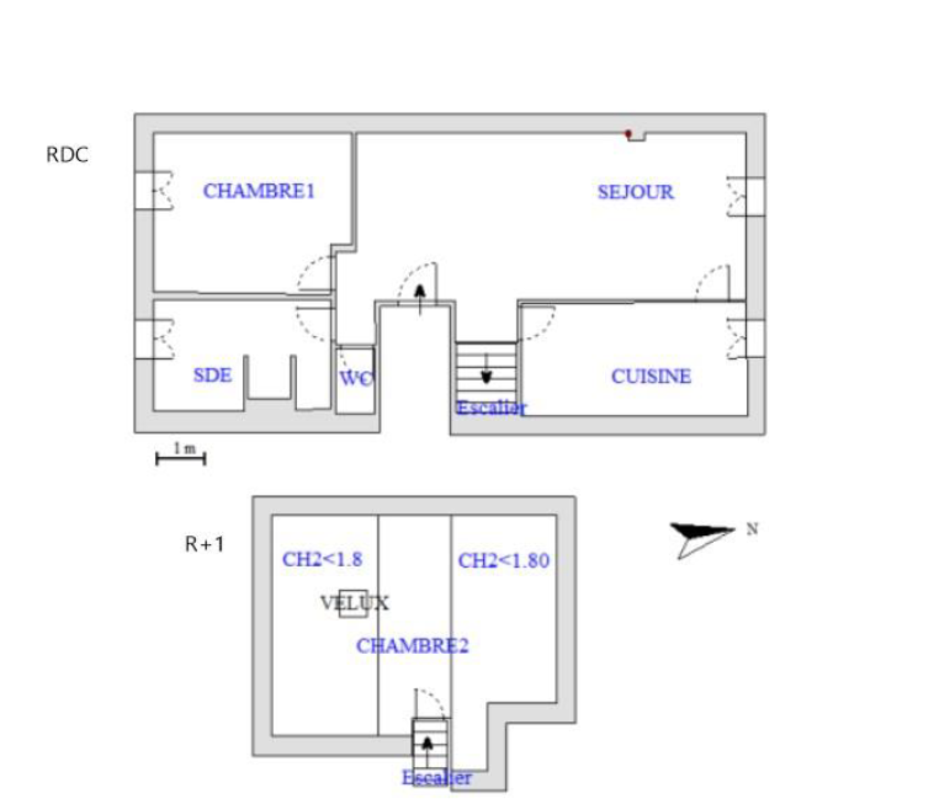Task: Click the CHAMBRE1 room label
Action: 259,191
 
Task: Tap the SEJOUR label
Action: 636,192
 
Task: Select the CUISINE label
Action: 651,376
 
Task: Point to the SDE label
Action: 212,375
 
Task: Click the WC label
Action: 356,378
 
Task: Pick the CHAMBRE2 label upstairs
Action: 412,646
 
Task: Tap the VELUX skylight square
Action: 353,603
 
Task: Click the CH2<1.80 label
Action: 504,561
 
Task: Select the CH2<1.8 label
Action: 322,559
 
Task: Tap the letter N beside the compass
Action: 752,529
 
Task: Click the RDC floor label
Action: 67,155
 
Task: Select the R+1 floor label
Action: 204,544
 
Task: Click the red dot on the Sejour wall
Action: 629,134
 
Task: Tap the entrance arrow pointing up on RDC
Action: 420,299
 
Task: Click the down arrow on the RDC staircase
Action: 486,369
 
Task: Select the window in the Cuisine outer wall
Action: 746,339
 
